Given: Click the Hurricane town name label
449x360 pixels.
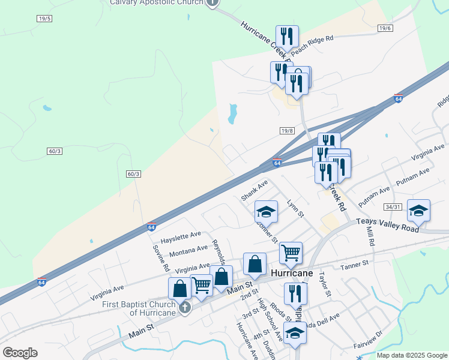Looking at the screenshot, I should [292, 272].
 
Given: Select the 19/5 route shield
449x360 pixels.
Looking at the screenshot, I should [44, 19].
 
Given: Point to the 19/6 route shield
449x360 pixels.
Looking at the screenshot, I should [385, 28].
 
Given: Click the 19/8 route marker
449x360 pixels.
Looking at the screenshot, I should [287, 130].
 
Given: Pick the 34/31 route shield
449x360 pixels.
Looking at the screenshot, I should [393, 207].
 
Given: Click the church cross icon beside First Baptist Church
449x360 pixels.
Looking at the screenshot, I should [185, 308].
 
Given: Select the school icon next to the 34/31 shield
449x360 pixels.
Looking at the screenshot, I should [418, 211].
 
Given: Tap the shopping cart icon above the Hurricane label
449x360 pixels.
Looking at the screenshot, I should [291, 253].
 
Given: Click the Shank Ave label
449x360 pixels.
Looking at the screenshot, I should [253, 191].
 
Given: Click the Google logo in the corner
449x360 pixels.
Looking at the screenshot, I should [20, 353].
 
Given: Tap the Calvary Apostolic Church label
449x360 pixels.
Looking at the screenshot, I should [155, 2].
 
